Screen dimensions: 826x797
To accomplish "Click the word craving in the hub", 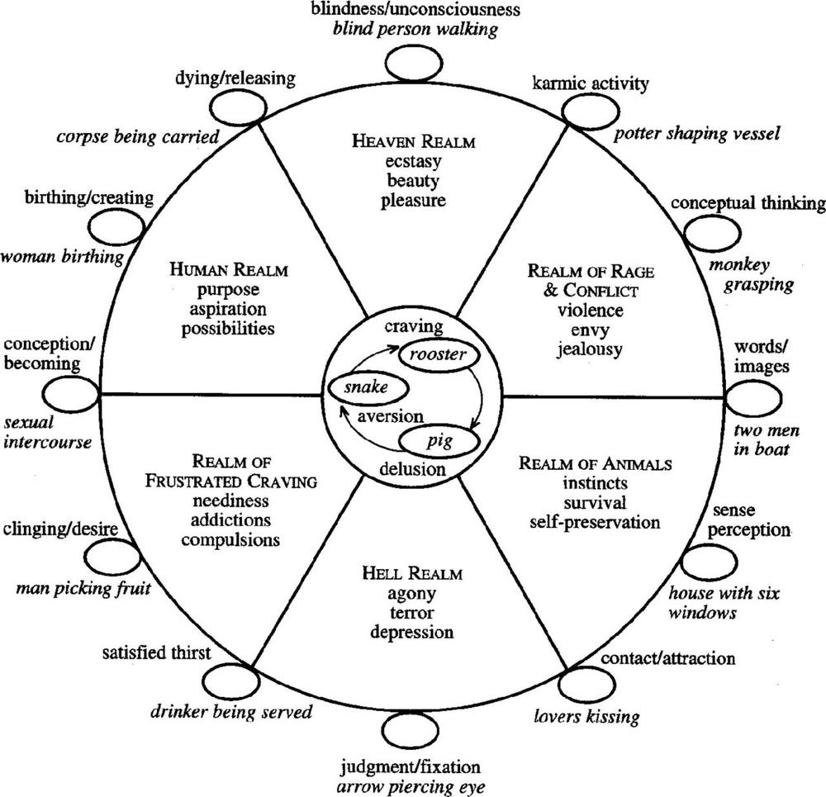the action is (414, 326).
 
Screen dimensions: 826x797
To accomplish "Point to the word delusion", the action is (412, 469).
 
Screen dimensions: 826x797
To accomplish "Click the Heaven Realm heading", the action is (414, 141).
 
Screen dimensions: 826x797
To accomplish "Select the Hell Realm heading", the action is (412, 573).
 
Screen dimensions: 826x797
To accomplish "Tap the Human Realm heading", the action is (229, 270).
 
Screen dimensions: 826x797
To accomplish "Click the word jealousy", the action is (590, 349).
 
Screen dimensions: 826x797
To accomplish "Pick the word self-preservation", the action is (595, 523).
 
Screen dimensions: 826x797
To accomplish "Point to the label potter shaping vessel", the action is (696, 134).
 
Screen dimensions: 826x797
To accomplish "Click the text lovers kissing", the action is (586, 716).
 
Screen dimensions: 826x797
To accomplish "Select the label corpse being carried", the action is (137, 137).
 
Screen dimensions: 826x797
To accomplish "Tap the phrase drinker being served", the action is (231, 712).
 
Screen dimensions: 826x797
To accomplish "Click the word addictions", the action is (230, 520).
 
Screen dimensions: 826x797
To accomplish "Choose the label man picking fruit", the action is (83, 588).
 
